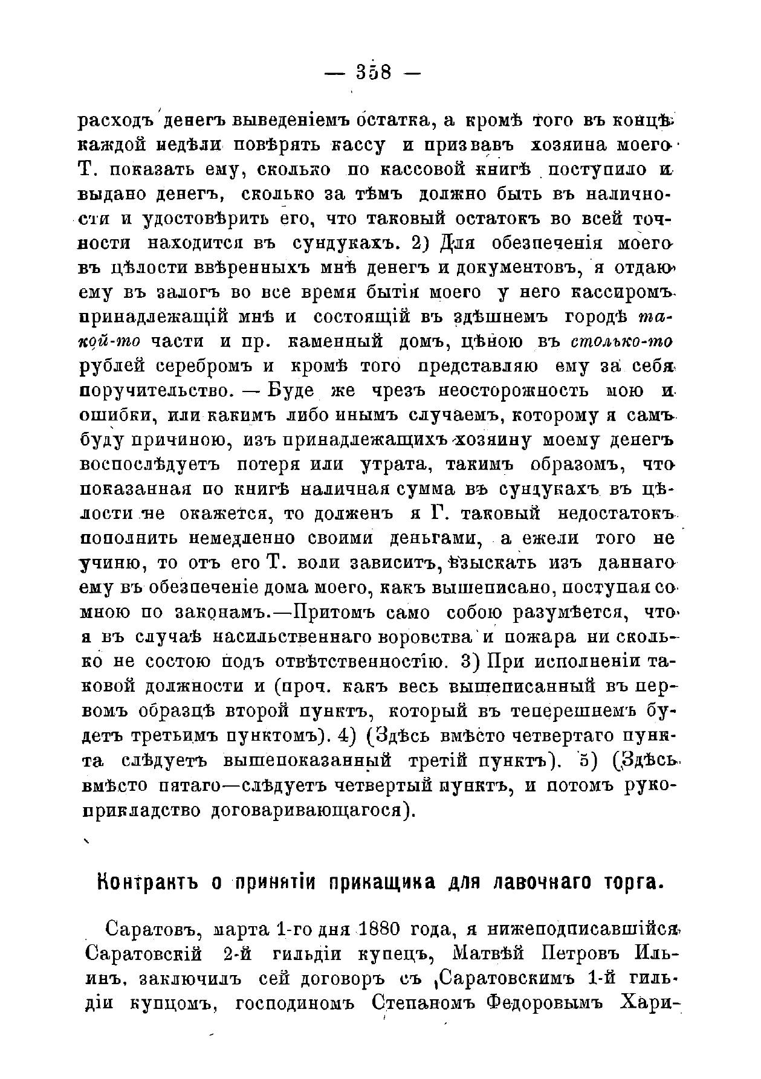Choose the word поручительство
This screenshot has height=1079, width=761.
157,390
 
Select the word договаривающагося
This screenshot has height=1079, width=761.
309,810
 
